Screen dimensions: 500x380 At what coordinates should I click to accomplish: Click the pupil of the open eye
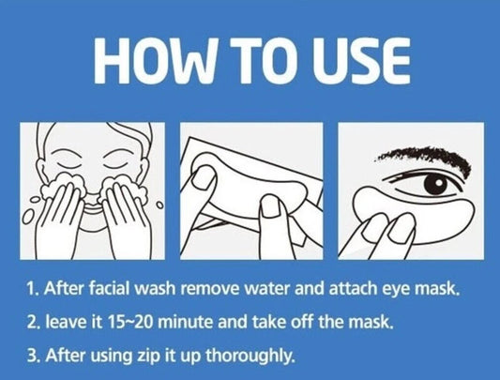coord(438,183)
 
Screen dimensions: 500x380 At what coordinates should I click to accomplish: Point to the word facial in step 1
coord(109,288)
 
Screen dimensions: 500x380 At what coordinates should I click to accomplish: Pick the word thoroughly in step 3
coord(250,356)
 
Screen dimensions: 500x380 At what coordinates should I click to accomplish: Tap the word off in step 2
coord(303,322)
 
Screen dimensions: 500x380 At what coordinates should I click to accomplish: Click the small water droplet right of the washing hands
coord(160,205)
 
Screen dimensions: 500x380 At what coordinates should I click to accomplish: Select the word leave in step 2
coord(65,322)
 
